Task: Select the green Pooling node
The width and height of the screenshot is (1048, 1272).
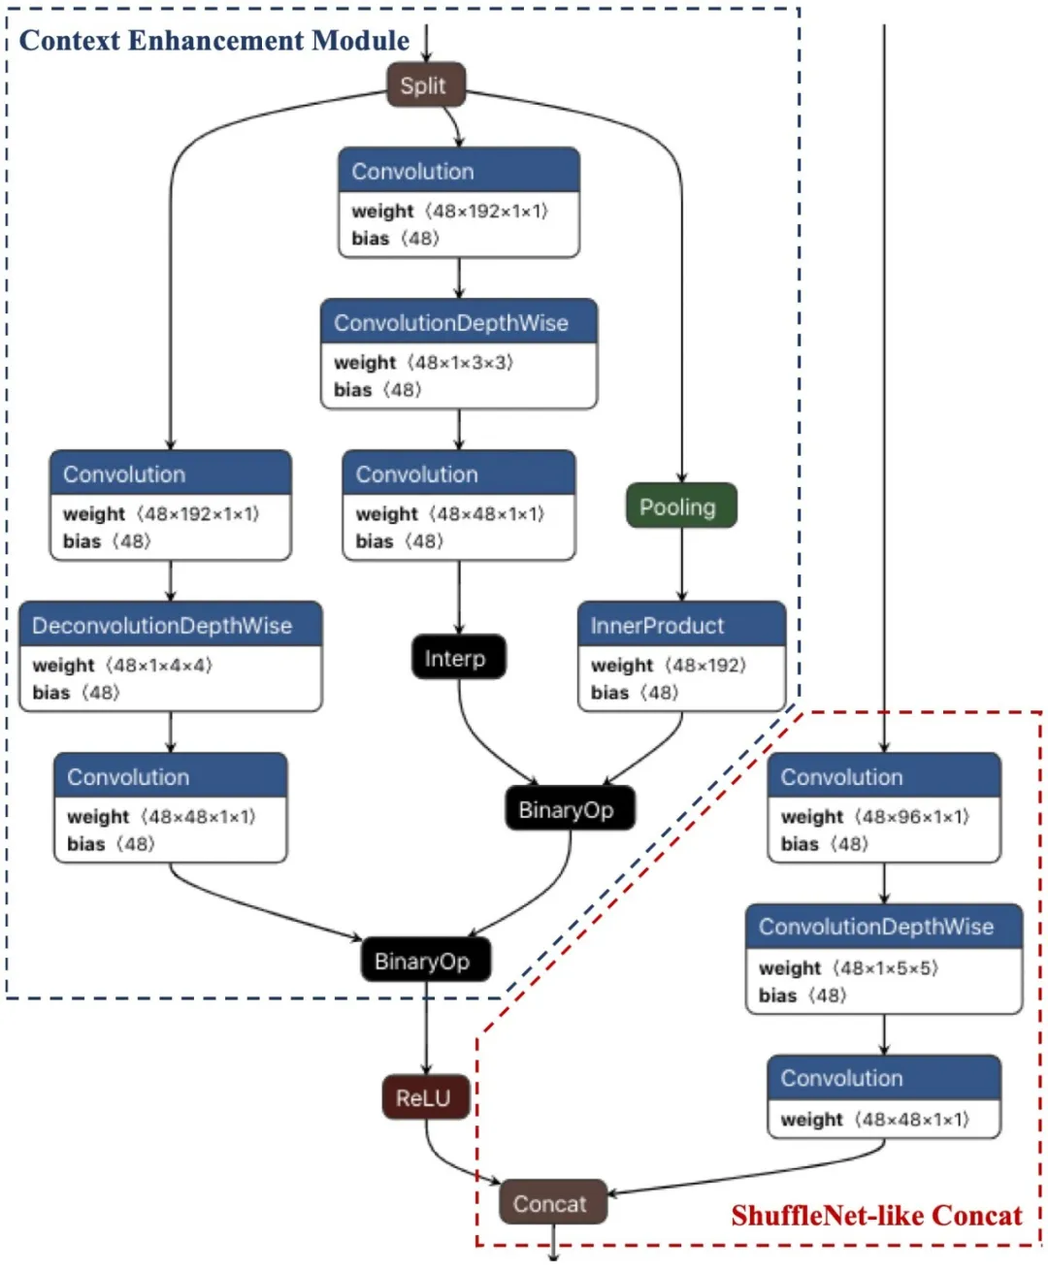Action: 681,506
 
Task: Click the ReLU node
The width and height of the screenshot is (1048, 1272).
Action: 425,1097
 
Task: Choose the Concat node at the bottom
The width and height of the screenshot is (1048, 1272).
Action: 552,1203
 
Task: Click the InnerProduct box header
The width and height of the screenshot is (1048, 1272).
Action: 681,625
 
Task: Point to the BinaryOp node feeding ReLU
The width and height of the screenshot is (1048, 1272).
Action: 425,961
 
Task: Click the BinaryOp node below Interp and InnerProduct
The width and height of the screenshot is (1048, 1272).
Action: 569,809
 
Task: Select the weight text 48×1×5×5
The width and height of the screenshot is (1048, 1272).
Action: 888,968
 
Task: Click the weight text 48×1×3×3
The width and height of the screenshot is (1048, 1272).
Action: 460,362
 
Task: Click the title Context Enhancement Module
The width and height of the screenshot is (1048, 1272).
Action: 214,41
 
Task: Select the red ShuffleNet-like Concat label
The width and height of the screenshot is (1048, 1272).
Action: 876,1216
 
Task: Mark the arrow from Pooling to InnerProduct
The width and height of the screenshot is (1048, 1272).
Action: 681,565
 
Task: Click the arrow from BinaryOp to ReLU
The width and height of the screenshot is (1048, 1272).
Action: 425,1028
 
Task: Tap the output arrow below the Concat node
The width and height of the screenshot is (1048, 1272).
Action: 553,1243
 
